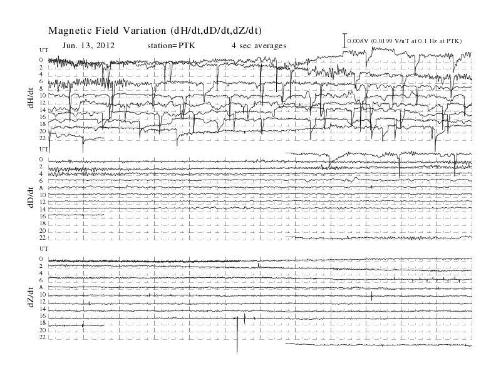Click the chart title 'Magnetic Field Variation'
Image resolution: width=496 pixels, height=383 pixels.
pyautogui.click(x=107, y=31)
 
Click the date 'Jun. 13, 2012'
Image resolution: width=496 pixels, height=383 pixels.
pyautogui.click(x=88, y=46)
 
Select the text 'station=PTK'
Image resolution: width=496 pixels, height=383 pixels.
pyautogui.click(x=171, y=46)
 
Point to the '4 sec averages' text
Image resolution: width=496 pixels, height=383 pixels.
pyautogui.click(x=259, y=46)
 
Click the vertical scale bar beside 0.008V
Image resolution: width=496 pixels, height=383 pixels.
pyautogui.click(x=345, y=41)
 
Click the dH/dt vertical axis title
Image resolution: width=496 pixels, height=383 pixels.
pyautogui.click(x=31, y=98)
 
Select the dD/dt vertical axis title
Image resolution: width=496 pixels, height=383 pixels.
pyautogui.click(x=31, y=198)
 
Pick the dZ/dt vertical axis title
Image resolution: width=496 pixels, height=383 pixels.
pyautogui.click(x=31, y=297)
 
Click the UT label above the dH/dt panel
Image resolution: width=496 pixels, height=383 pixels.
pyautogui.click(x=44, y=50)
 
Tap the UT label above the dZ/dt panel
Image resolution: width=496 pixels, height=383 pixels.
pyautogui.click(x=44, y=249)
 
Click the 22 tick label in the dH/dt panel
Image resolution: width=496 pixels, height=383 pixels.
pyautogui.click(x=43, y=138)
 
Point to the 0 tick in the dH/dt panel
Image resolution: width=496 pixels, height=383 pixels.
pyautogui.click(x=41, y=59)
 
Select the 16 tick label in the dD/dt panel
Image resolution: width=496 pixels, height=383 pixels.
pyautogui.click(x=43, y=216)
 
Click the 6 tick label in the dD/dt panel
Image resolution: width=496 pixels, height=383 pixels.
pyautogui.click(x=41, y=181)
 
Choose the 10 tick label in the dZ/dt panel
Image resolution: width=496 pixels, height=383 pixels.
pyautogui.click(x=43, y=295)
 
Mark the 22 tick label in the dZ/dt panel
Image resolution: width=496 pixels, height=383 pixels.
pyautogui.click(x=43, y=337)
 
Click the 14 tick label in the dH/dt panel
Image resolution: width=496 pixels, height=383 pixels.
pyautogui.click(x=43, y=110)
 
